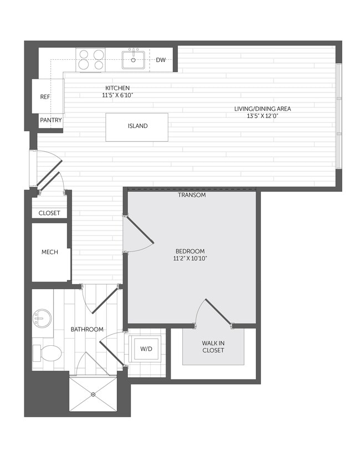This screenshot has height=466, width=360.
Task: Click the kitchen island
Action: click(x=137, y=126)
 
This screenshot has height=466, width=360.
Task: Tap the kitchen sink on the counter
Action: click(x=133, y=59)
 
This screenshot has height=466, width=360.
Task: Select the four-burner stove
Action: click(x=91, y=60)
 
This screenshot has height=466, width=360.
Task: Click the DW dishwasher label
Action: click(x=161, y=60)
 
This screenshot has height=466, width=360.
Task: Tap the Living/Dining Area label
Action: click(x=262, y=109)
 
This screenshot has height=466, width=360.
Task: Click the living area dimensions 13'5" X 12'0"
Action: click(x=262, y=116)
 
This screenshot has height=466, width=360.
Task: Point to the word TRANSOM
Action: click(x=192, y=195)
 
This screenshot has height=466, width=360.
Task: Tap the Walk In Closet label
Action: click(x=213, y=346)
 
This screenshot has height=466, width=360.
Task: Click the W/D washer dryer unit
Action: click(x=146, y=349)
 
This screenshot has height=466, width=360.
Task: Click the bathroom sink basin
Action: click(x=42, y=319)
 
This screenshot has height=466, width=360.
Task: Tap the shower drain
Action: click(x=93, y=395)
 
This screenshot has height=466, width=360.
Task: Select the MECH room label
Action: click(x=50, y=252)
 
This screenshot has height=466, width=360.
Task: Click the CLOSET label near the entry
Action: click(x=49, y=213)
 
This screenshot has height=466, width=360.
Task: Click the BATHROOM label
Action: click(x=87, y=329)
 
